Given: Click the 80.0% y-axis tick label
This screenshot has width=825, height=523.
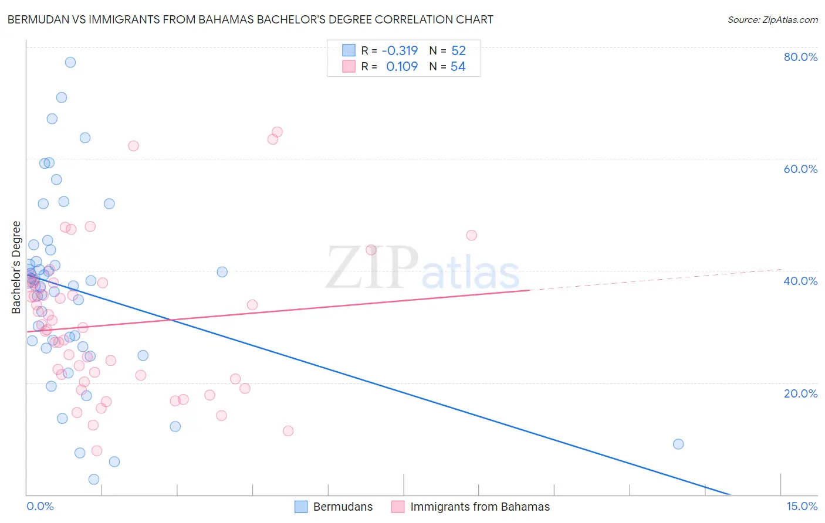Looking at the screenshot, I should coord(800,57).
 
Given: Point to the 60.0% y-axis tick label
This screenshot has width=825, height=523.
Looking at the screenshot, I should coord(800,169).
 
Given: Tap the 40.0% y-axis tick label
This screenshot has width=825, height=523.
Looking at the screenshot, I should coord(800,281).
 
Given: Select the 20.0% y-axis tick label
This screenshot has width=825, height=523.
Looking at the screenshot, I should coord(800,393).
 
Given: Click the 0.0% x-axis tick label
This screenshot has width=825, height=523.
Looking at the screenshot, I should coord(40,507).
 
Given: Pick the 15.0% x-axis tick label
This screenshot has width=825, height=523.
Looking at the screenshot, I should coord(802,507).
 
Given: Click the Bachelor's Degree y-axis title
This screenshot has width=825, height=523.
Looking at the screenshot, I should coord(16,267).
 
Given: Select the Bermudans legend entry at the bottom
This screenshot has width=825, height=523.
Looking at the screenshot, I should coord(333,507).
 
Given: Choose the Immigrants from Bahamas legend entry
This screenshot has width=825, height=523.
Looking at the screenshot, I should coord(471,507).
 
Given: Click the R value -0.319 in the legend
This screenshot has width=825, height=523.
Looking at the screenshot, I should coord(400,50).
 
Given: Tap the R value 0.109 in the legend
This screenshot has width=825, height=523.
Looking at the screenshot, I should coord(402,66).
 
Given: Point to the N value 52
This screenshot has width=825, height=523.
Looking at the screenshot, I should coord(458,50).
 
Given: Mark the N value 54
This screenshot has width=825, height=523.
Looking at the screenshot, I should coord(458,66).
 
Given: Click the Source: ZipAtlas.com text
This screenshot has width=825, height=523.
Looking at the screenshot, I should coord(772,20).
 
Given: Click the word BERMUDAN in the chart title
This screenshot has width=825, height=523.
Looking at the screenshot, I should coord(37,19).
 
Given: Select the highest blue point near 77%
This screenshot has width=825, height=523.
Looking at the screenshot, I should coord(70,62).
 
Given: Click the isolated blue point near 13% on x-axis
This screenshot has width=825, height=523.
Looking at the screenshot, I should coord(678,444).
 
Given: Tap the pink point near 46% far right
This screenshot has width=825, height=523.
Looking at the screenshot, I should coord(471,235).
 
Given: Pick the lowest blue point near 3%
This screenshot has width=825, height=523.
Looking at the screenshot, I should coord(94,479).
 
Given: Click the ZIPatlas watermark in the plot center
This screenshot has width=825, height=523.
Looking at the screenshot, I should coord(422,269).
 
